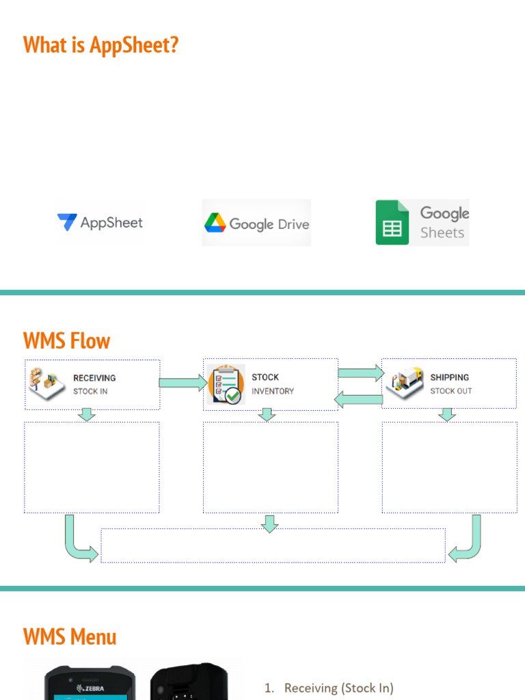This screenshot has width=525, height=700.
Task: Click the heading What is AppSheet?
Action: pyautogui.click(x=100, y=45)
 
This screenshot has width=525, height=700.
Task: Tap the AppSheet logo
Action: pyautogui.click(x=100, y=223)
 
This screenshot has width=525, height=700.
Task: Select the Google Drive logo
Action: pyautogui.click(x=256, y=224)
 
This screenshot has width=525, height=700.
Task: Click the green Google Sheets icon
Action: pyautogui.click(x=392, y=223)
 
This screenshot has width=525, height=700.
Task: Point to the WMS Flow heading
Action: pyautogui.click(x=66, y=340)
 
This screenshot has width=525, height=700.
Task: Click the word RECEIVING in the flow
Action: pyautogui.click(x=94, y=378)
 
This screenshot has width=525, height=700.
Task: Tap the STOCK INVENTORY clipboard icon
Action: pyautogui.click(x=226, y=384)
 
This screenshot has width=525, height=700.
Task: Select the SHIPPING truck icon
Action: pyautogui.click(x=405, y=383)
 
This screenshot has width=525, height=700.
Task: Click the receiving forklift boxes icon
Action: pyautogui.click(x=46, y=383)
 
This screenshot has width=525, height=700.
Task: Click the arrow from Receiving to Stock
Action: pyautogui.click(x=183, y=383)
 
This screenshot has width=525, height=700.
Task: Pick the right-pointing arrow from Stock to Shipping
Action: pyautogui.click(x=361, y=373)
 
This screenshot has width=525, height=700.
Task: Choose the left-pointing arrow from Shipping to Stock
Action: pyautogui.click(x=358, y=399)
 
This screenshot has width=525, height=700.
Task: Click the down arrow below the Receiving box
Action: pyautogui.click(x=87, y=414)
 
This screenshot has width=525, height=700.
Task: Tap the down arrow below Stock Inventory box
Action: pyautogui.click(x=268, y=414)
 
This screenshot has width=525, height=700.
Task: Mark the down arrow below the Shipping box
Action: pyautogui.click(x=447, y=414)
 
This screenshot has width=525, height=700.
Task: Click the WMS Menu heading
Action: pyautogui.click(x=70, y=637)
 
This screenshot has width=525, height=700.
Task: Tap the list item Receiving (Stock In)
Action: pyautogui.click(x=338, y=688)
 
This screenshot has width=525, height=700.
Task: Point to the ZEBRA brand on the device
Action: pyautogui.click(x=91, y=688)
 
